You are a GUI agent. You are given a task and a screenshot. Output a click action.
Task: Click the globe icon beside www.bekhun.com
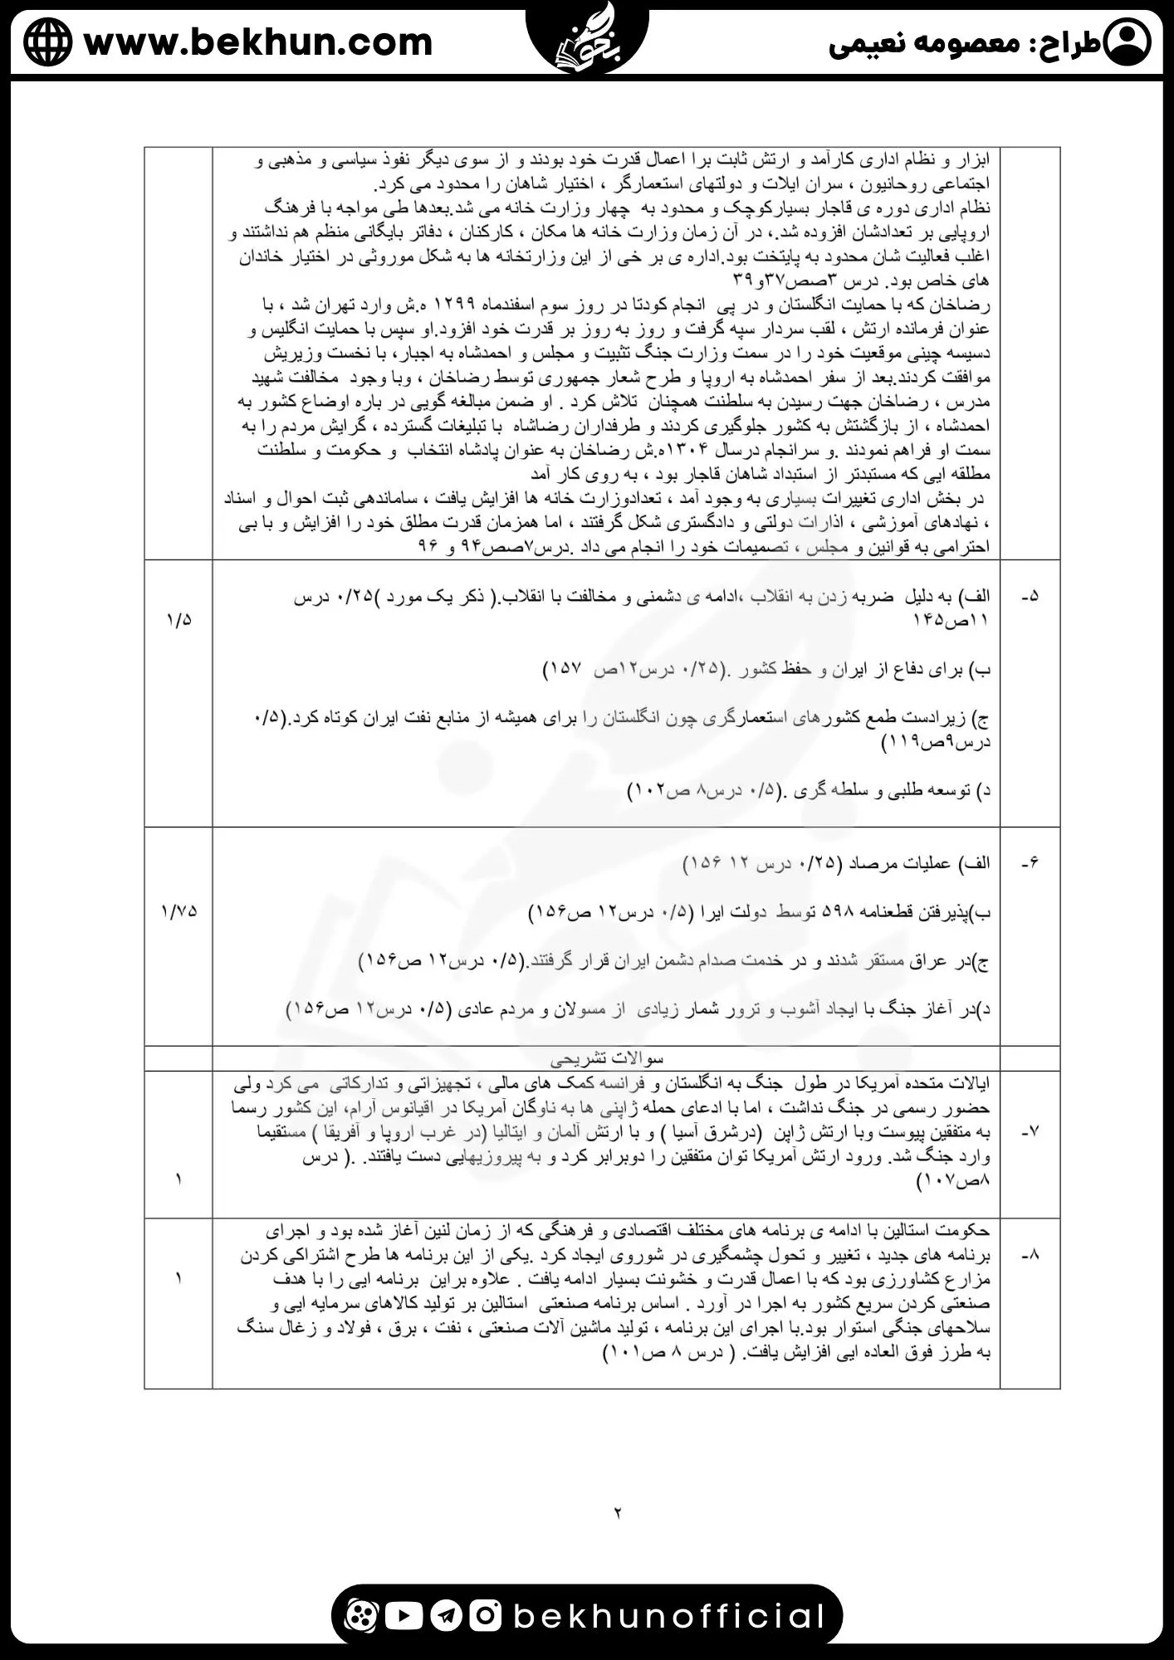pyautogui.click(x=47, y=42)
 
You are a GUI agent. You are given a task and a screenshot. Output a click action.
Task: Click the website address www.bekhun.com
pyautogui.click(x=258, y=42)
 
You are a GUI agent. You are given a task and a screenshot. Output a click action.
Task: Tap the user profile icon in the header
pyautogui.click(x=1129, y=42)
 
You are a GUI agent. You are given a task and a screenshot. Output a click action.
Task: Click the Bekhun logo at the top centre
pyautogui.click(x=587, y=37)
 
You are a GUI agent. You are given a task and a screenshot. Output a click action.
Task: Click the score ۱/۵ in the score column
pyautogui.click(x=179, y=620)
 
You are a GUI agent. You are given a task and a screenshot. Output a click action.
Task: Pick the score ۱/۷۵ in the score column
pyautogui.click(x=179, y=911)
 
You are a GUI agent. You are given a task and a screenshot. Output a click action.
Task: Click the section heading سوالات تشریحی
pyautogui.click(x=607, y=1058)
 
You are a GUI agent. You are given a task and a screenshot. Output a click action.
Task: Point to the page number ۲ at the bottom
pyautogui.click(x=618, y=1513)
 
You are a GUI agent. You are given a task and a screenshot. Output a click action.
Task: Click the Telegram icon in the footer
pyautogui.click(x=446, y=1615)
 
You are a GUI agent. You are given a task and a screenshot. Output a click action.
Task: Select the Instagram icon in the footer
pyautogui.click(x=487, y=1615)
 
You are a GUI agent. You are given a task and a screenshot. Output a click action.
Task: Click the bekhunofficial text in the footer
pyautogui.click(x=669, y=1616)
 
